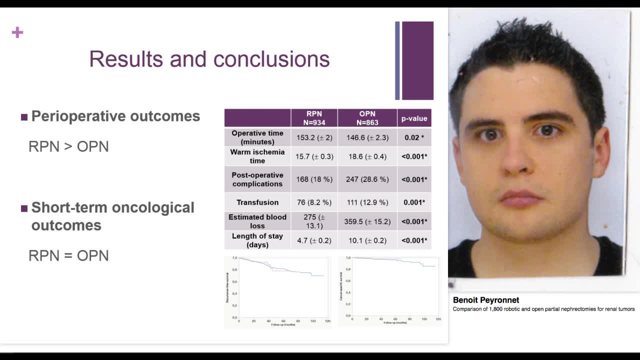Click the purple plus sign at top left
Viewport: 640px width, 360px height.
[x=17, y=33]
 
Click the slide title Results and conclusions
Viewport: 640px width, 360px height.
[x=209, y=59]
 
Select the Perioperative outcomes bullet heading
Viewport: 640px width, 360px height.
[x=115, y=116]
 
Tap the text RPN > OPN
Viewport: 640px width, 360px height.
[x=68, y=146]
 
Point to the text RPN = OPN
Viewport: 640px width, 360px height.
[x=68, y=255]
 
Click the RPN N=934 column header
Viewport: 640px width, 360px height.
[x=314, y=118]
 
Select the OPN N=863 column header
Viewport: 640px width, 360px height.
[x=367, y=118]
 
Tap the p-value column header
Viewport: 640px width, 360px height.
[x=414, y=118]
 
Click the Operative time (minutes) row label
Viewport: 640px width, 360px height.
[x=257, y=137]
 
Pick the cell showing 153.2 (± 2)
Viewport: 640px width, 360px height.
[x=314, y=137]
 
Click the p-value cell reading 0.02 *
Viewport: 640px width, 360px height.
[x=414, y=137]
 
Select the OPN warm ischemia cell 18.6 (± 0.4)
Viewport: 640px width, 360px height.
[x=367, y=156]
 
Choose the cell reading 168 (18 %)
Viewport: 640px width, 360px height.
[x=314, y=179]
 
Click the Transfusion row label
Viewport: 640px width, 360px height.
[x=257, y=202]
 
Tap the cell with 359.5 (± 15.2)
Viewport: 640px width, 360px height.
[x=367, y=221]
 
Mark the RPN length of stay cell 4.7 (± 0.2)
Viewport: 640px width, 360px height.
[x=314, y=240]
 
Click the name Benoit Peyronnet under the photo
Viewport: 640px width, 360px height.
[x=486, y=300]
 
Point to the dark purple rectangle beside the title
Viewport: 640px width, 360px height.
[x=417, y=60]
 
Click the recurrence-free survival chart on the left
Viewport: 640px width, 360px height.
[x=277, y=291]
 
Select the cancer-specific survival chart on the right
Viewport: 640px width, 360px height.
[x=390, y=290]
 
